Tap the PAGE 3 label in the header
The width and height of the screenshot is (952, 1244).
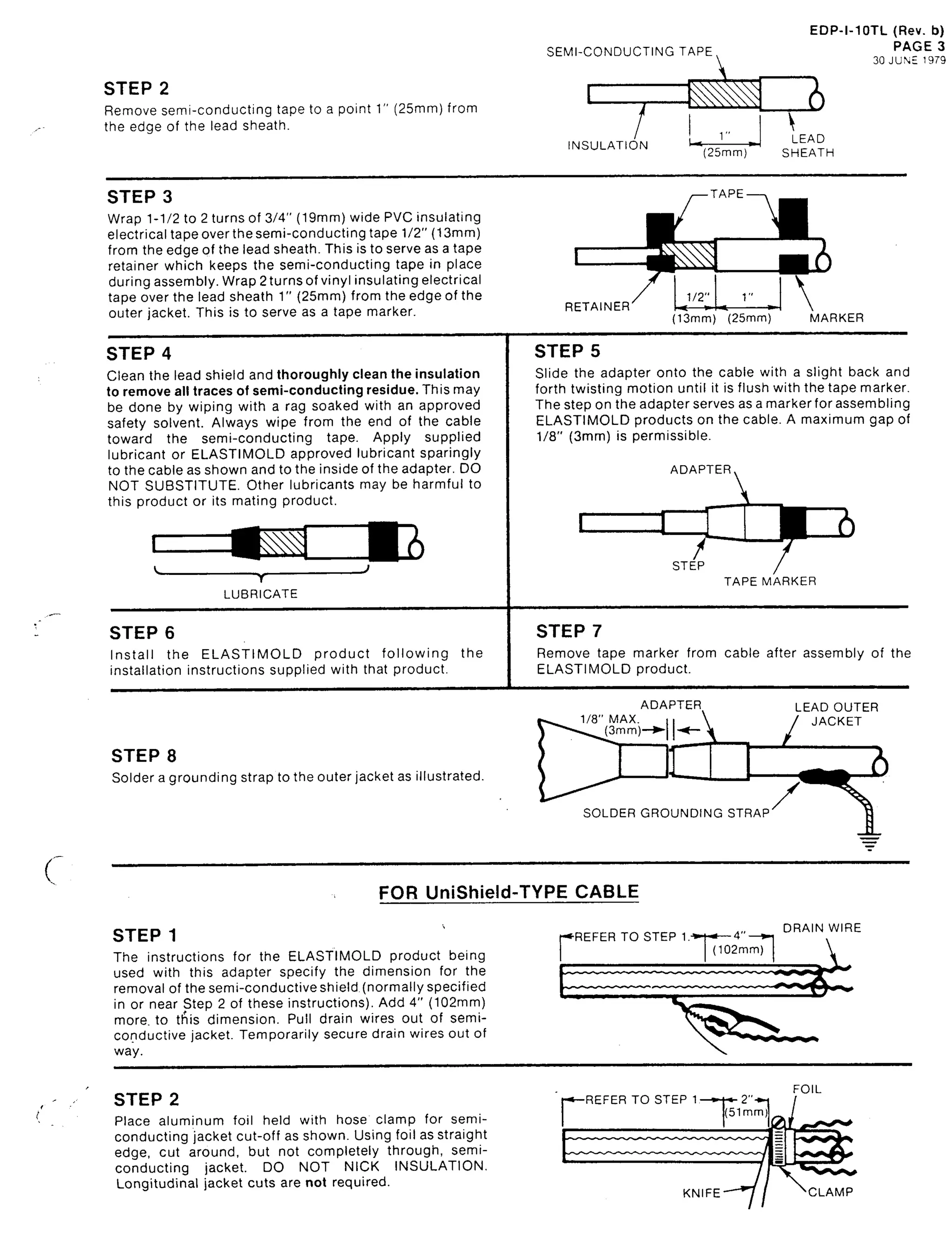[x=918, y=46]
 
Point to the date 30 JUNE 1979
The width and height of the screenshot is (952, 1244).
[x=908, y=60]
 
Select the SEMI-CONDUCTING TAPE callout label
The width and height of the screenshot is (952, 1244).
[x=629, y=52]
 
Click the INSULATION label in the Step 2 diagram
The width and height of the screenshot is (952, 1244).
[x=608, y=145]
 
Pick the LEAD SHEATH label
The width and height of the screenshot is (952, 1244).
[x=807, y=145]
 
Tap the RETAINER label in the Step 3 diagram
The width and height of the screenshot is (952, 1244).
[x=597, y=306]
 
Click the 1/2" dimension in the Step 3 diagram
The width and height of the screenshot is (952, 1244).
[x=698, y=297]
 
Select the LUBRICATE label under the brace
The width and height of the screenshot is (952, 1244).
[x=260, y=594]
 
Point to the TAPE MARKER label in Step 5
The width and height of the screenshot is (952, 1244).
[x=769, y=581]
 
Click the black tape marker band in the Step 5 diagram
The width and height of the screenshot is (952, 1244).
[x=793, y=522]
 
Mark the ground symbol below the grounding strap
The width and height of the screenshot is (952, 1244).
[x=869, y=842]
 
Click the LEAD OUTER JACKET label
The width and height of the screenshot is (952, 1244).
[x=836, y=714]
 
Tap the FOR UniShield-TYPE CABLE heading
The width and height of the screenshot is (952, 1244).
[x=508, y=892]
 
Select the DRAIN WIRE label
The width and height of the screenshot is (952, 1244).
[x=822, y=928]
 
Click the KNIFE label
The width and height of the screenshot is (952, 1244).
[x=701, y=1193]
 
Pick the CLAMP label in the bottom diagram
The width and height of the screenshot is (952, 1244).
[x=830, y=1192]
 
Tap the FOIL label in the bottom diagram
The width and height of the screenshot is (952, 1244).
[x=807, y=1089]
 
